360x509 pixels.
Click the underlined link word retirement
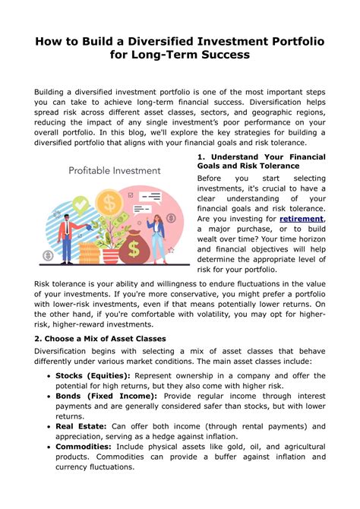(x=302, y=219)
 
